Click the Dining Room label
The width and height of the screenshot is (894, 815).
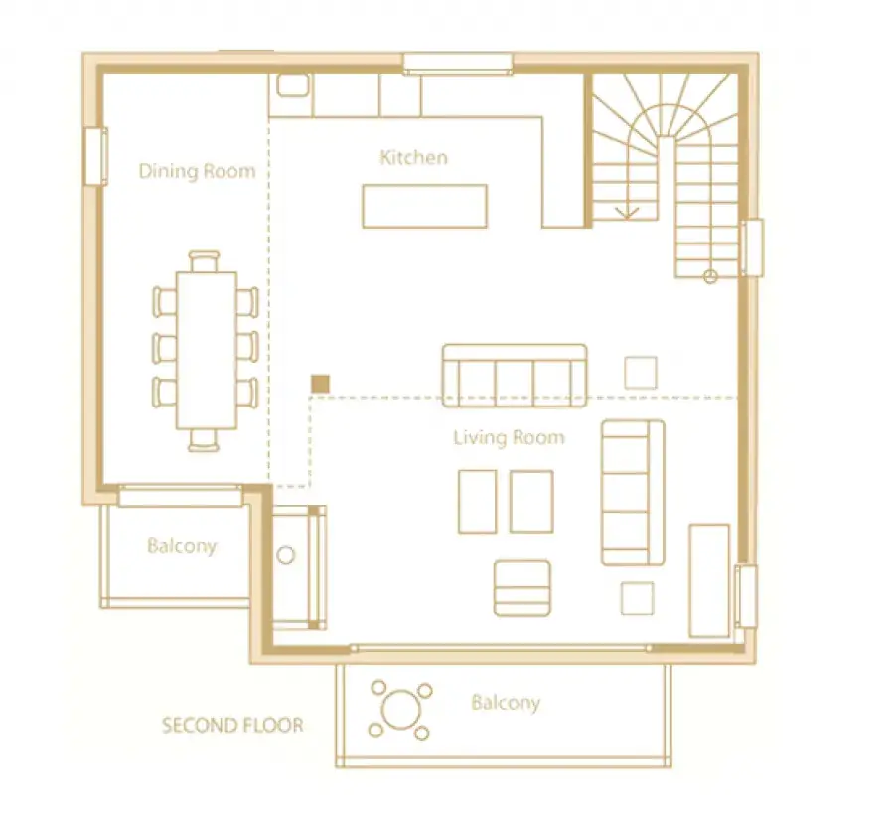(x=198, y=171)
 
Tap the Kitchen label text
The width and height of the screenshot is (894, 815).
(x=413, y=157)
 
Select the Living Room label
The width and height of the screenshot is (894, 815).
(x=510, y=437)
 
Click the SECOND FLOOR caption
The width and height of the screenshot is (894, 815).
(x=232, y=725)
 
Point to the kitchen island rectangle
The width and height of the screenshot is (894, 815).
(x=425, y=206)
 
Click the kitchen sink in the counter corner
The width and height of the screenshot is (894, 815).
(x=293, y=85)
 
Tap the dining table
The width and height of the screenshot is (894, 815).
(x=207, y=350)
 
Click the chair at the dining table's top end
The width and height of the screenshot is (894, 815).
(x=204, y=261)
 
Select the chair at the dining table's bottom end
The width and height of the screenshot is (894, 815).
(x=204, y=439)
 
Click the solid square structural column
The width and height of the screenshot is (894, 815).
(x=321, y=384)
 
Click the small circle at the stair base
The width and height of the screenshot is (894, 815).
(x=710, y=277)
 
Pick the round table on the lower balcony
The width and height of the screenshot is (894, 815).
(x=401, y=710)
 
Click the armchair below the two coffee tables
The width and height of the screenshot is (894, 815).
(x=522, y=588)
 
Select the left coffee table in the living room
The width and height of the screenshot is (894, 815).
(x=477, y=502)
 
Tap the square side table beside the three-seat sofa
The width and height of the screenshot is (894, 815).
(x=641, y=373)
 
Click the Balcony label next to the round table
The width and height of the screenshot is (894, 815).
(x=506, y=702)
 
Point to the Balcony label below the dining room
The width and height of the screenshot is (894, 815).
(x=182, y=546)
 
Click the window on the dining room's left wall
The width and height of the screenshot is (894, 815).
(x=96, y=156)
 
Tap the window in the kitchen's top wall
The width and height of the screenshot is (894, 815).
(x=458, y=64)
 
